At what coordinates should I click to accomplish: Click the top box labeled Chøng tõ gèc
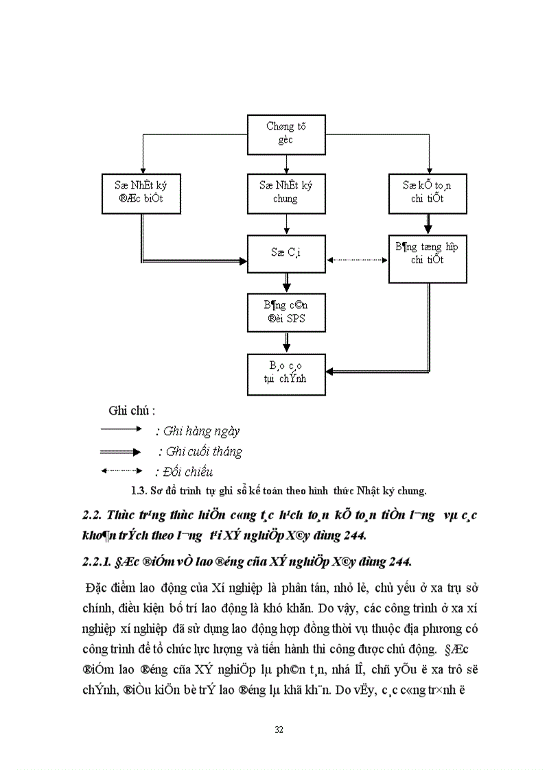coord(286,134)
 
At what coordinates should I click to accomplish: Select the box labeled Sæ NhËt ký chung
coord(286,191)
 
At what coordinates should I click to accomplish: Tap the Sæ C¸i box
coord(286,253)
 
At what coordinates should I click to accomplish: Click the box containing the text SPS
coord(286,312)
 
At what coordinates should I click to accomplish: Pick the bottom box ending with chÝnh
coord(286,374)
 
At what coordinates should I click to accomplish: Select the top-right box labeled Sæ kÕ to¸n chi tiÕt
coord(428,191)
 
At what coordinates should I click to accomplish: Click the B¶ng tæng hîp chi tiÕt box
coord(428,253)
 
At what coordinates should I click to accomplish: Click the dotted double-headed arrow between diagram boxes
coord(357,261)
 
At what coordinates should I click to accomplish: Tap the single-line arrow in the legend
coord(121,429)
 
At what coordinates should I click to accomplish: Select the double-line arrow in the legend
coord(121,451)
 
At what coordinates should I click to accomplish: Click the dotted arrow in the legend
coord(121,471)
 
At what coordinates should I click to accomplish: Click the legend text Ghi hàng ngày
coord(198,431)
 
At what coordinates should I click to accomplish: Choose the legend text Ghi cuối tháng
coord(200,452)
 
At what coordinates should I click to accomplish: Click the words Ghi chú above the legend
coord(132,411)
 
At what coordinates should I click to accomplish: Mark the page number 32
coord(279,729)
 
